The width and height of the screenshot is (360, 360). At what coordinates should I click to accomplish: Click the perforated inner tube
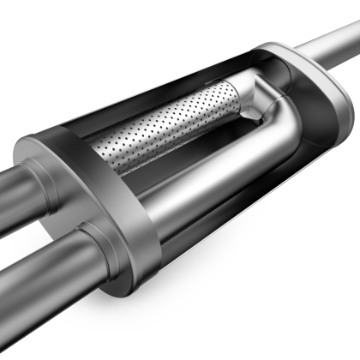pos(163,129)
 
